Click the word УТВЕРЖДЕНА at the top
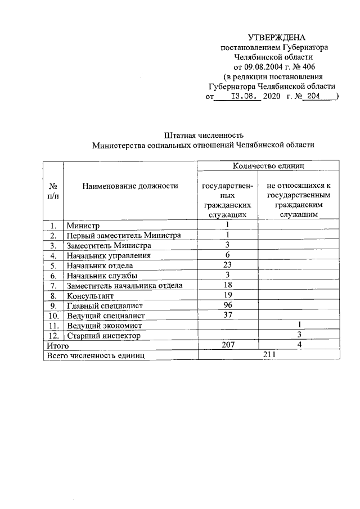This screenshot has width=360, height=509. pos(272,38)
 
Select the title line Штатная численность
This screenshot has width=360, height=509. pos(203,135)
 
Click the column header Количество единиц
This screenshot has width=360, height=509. pos(268,166)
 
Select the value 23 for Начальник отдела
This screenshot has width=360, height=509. pos(228,265)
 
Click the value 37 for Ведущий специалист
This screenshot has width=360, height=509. pos(228,315)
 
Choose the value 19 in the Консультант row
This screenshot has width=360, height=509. pos(228,295)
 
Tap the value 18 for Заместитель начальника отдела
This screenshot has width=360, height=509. pos(228,285)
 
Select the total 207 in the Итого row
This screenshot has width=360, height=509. pos(228,345)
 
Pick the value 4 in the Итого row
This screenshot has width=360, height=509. pos(299,345)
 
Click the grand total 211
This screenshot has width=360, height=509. pos(268,355)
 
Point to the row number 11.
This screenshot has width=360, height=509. pos(52,326)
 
